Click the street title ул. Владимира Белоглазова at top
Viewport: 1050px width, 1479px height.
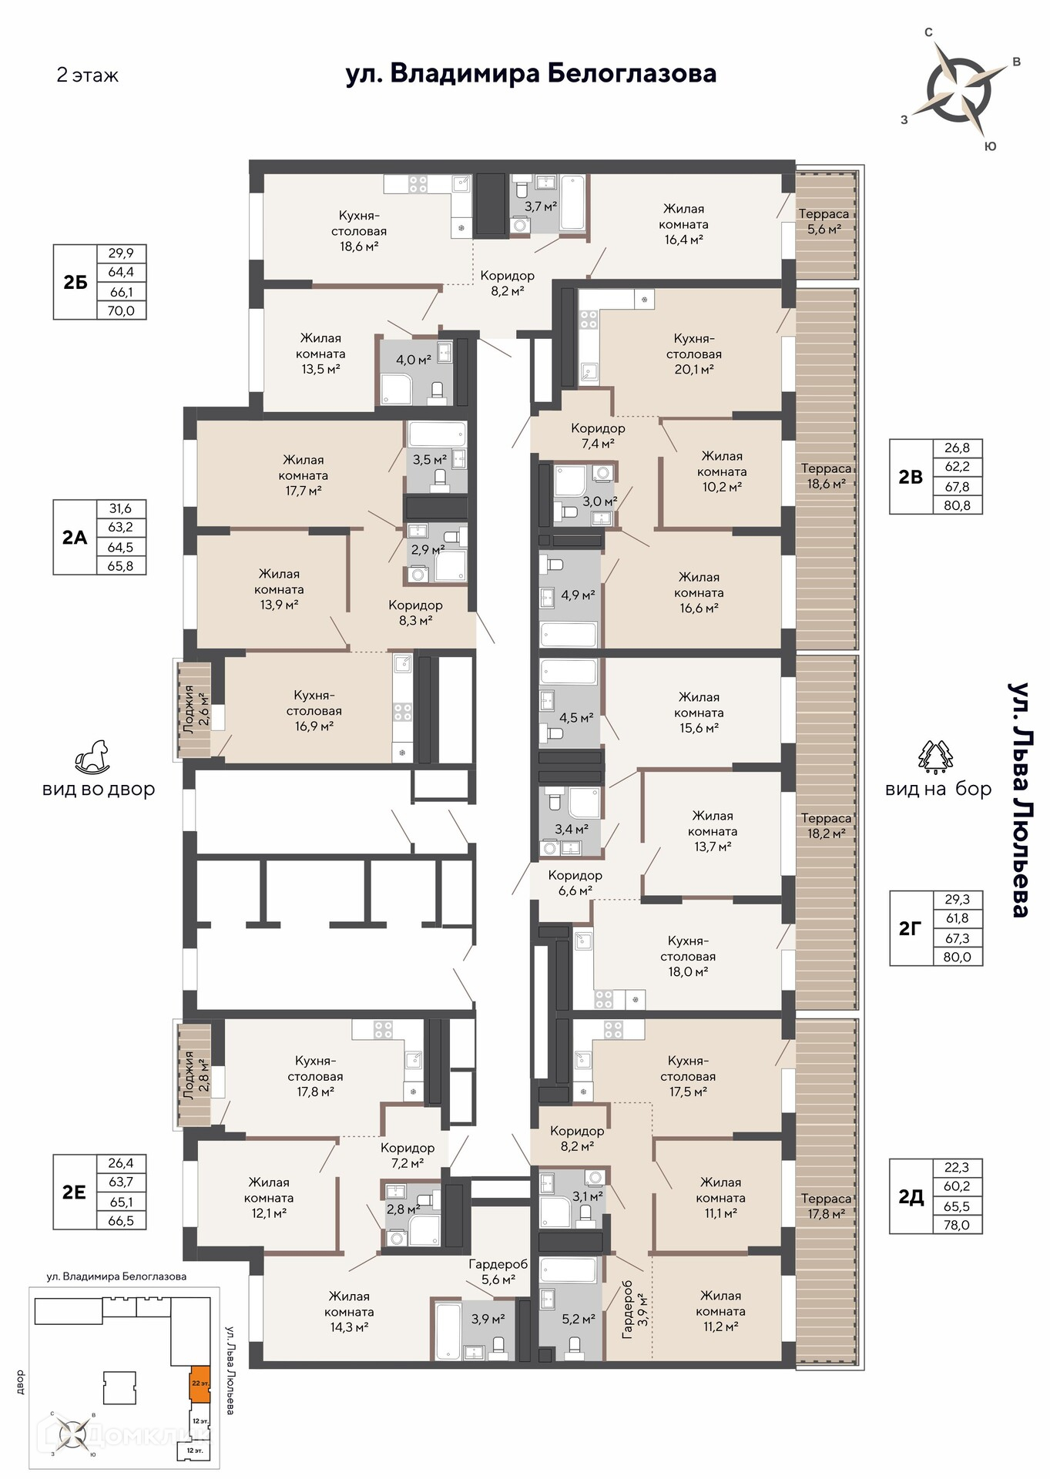tap(531, 74)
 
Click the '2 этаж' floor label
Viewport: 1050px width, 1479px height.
tap(87, 75)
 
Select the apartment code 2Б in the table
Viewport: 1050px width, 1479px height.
tap(75, 282)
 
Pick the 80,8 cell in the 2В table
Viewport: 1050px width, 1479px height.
tap(957, 505)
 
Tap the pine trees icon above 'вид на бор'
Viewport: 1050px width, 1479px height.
tap(936, 756)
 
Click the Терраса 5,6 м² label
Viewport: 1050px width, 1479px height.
tap(824, 221)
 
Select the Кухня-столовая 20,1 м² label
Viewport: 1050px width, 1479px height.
tap(694, 354)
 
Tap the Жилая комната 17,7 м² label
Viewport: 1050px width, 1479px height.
tap(304, 475)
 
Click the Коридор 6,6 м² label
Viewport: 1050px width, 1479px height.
tap(575, 883)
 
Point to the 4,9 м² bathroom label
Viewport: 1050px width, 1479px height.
tap(578, 595)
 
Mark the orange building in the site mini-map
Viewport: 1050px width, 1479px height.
tap(199, 1383)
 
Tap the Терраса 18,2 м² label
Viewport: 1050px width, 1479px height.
tap(826, 825)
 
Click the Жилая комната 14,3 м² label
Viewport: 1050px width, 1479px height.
tap(349, 1311)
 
